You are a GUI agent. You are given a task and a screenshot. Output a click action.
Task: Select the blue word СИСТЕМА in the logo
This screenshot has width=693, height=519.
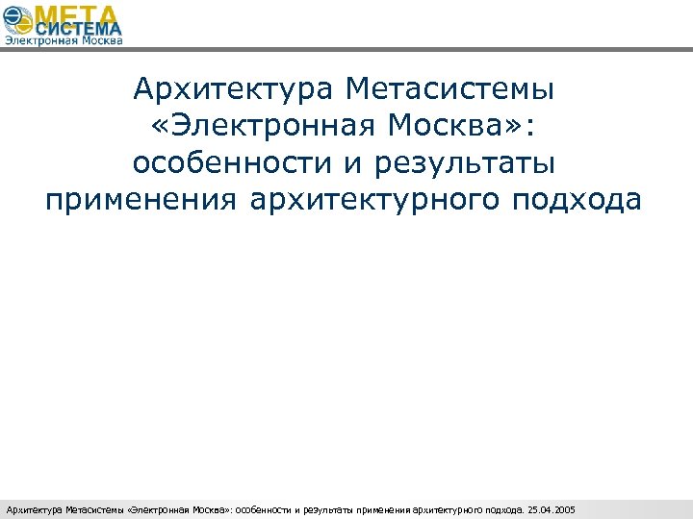point(81,31)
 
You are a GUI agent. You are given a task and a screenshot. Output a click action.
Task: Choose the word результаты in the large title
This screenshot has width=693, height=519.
point(472,163)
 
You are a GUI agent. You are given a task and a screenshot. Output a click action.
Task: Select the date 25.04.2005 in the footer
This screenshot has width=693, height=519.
point(551,508)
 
